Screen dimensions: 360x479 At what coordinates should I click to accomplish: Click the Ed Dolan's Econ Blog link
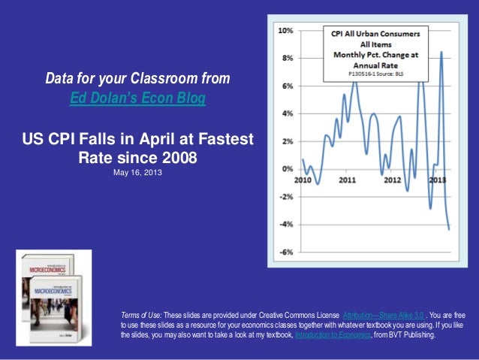137,98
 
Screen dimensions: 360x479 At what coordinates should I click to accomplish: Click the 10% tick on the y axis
285,31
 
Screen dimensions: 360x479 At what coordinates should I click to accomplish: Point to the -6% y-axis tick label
285,253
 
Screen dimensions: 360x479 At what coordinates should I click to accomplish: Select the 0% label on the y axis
286,169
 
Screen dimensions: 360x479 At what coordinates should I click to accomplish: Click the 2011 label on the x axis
347,180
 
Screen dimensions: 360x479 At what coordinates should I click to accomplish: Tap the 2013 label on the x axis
438,180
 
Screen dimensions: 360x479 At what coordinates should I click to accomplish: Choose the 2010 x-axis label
303,180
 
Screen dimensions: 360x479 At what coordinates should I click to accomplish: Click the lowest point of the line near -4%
449,229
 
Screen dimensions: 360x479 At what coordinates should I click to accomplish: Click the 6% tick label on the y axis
286,86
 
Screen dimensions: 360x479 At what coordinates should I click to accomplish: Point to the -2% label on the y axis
285,197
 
